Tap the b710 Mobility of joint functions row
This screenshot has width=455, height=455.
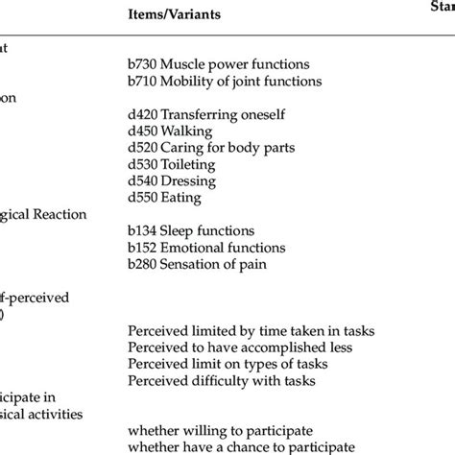pyautogui.click(x=224, y=81)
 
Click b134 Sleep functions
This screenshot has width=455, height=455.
pyautogui.click(x=191, y=231)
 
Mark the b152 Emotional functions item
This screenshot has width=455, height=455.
pyautogui.click(x=204, y=248)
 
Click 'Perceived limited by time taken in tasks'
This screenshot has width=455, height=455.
pyautogui.click(x=251, y=331)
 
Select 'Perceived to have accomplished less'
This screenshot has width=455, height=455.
pyautogui.click(x=240, y=348)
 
